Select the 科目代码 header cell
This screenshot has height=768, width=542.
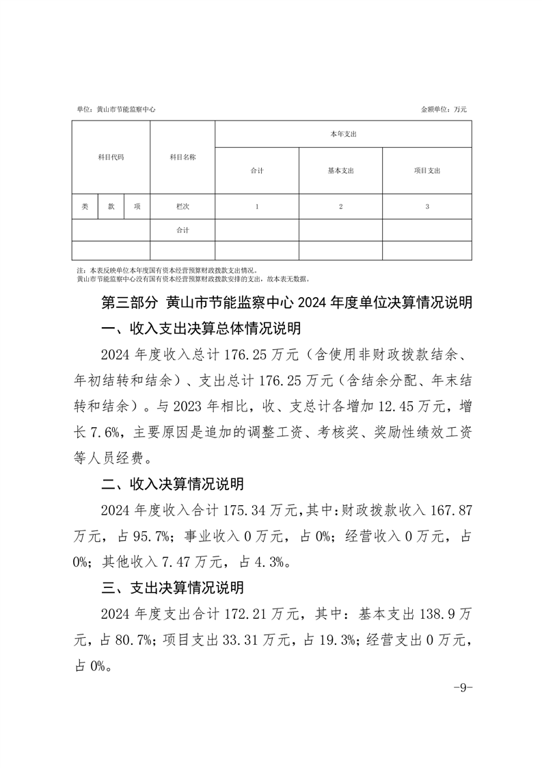click(111, 157)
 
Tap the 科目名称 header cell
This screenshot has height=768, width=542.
click(182, 157)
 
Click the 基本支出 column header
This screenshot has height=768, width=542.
click(340, 170)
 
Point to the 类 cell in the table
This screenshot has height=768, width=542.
click(85, 206)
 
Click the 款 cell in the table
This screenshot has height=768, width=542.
click(111, 206)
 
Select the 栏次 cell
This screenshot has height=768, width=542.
click(182, 206)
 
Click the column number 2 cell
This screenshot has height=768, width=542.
click(340, 206)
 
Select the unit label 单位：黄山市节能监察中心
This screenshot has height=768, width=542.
click(116, 109)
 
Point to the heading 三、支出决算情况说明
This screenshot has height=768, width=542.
click(172, 587)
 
